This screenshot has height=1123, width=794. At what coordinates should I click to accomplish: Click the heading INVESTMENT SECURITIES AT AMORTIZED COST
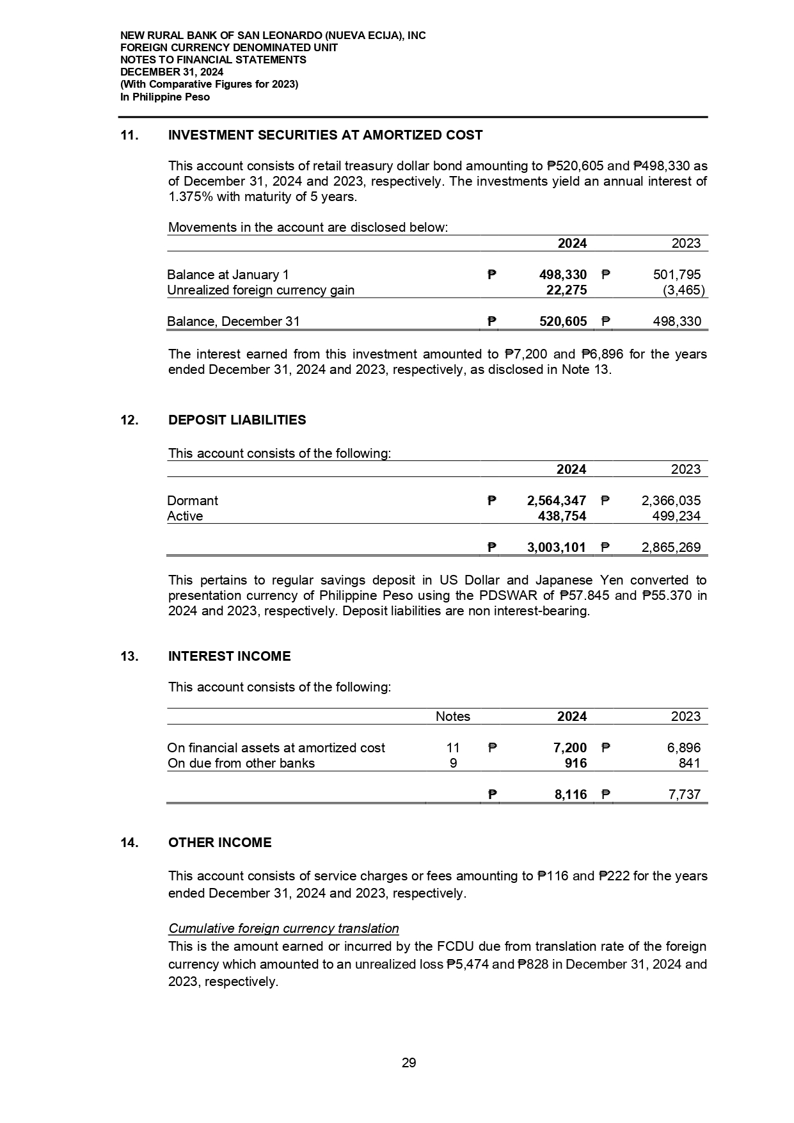click(x=325, y=135)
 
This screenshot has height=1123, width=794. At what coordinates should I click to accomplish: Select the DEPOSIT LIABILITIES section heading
click(x=237, y=420)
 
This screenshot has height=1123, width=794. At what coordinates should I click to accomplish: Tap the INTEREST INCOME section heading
click(x=229, y=656)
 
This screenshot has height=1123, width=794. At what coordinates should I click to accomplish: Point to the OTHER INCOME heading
click(x=219, y=843)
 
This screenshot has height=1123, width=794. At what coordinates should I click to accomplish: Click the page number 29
click(x=409, y=1063)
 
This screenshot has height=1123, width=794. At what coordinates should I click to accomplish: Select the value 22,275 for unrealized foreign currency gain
click(x=563, y=290)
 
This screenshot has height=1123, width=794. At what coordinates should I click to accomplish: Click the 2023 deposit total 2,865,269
click(x=671, y=547)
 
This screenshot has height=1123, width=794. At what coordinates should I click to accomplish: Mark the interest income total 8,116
click(x=571, y=795)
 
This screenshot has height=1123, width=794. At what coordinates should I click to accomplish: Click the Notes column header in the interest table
click(x=453, y=716)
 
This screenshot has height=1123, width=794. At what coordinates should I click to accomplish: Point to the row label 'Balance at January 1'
click(x=228, y=275)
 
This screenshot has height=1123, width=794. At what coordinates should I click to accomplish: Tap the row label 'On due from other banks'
click(x=241, y=763)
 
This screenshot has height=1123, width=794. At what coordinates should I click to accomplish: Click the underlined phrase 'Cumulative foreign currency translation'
click(x=283, y=928)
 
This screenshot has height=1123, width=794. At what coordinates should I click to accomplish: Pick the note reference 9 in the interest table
click(x=453, y=763)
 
